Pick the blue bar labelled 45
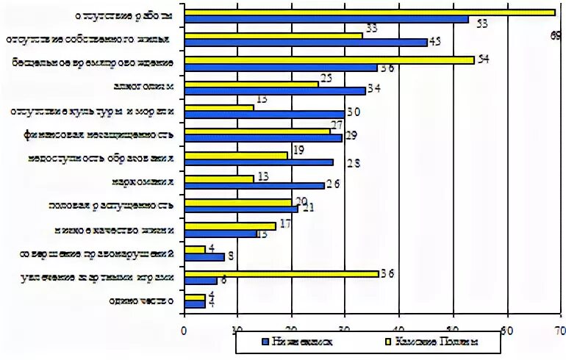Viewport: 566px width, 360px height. coord(305,43)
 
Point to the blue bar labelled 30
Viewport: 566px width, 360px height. coord(264,114)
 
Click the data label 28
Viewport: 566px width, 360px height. coord(353,163)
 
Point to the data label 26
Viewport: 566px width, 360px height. coord(332,185)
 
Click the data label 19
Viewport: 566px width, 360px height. coord(298,151)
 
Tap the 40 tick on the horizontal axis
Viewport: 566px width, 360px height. coord(398,329)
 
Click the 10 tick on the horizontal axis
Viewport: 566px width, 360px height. coord(237,329)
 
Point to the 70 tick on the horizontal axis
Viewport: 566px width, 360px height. coord(560,329)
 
